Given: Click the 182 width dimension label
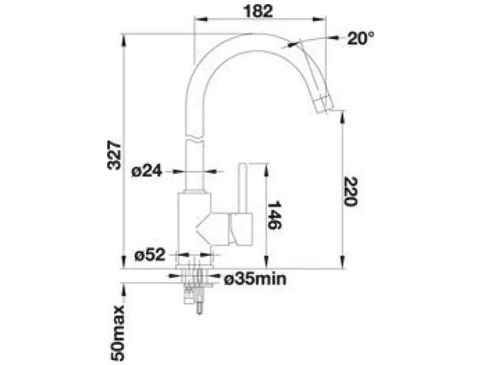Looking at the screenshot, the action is [x=258, y=11].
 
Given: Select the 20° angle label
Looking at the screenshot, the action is [x=360, y=38].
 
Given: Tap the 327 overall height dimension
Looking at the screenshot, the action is [x=114, y=155].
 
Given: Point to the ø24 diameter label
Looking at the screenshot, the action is [x=147, y=171].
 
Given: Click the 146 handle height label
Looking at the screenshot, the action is [x=275, y=215].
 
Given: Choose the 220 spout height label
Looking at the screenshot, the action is [x=351, y=192].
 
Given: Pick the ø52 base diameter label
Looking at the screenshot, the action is [x=150, y=255].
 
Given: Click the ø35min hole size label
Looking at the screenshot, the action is [x=255, y=279].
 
